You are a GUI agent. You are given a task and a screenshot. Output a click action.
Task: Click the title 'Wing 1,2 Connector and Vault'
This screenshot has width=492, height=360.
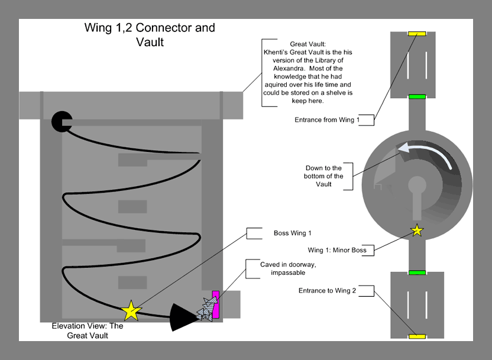[148, 35]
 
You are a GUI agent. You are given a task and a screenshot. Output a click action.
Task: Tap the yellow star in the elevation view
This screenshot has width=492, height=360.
[131, 310]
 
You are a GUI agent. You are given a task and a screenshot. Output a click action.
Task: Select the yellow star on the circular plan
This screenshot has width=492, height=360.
[417, 230]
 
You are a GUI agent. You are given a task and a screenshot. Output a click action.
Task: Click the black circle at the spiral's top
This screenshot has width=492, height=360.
[61, 121]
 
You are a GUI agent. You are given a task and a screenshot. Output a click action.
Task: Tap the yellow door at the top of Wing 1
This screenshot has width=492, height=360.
[417, 33]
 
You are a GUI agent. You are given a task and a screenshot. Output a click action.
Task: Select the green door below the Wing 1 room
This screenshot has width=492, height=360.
[417, 96]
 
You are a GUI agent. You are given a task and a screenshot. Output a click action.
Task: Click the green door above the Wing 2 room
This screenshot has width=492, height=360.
[417, 273]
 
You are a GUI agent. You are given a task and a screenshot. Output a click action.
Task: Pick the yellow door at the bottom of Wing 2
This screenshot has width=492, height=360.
[417, 336]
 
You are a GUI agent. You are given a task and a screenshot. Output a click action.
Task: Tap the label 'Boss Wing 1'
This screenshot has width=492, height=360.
[292, 233]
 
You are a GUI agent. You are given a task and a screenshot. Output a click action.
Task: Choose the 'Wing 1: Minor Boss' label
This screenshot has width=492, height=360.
[337, 250]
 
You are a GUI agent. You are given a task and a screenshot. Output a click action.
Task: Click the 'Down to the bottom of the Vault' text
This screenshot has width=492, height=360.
[324, 176]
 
